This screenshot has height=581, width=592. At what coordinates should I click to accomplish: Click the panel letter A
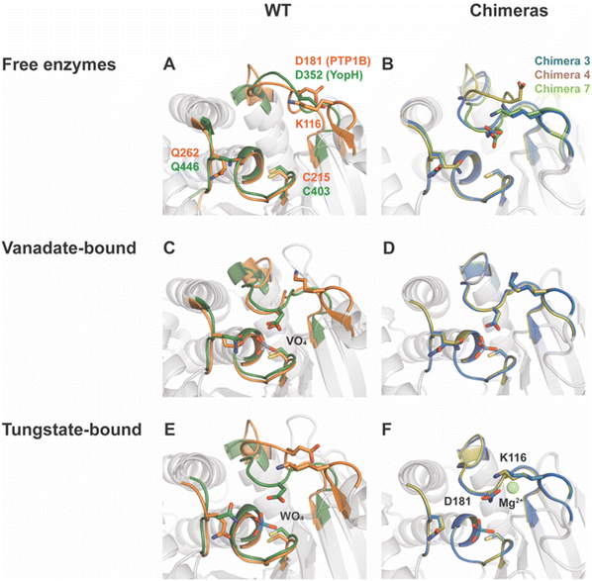point(168,65)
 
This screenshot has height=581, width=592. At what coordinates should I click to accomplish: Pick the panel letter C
point(169,247)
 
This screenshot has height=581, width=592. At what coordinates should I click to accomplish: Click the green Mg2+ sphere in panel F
point(514,488)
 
